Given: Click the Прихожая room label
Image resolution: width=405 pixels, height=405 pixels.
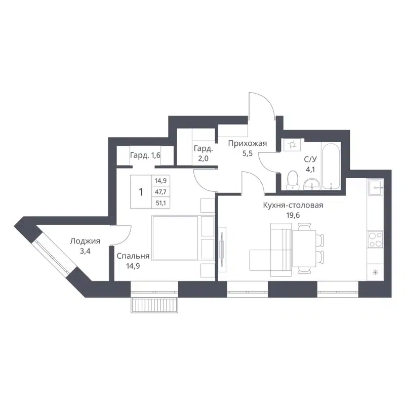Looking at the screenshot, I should [247, 144].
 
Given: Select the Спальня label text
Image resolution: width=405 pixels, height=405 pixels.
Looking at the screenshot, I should [133, 256].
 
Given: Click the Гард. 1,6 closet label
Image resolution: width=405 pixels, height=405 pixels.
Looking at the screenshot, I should [145, 155].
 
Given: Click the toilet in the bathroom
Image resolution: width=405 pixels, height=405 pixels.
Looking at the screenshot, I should [292, 180].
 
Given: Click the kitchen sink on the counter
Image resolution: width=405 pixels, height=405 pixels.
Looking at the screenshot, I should [376, 189].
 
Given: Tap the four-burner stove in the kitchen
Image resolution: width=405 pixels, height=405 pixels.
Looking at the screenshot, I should [375, 239].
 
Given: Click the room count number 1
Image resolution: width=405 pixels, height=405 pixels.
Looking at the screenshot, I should [141, 192].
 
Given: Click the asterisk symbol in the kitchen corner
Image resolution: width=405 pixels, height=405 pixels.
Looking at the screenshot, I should [375, 273].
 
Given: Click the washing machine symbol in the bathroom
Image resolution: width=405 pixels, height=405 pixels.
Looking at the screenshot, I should [292, 146].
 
